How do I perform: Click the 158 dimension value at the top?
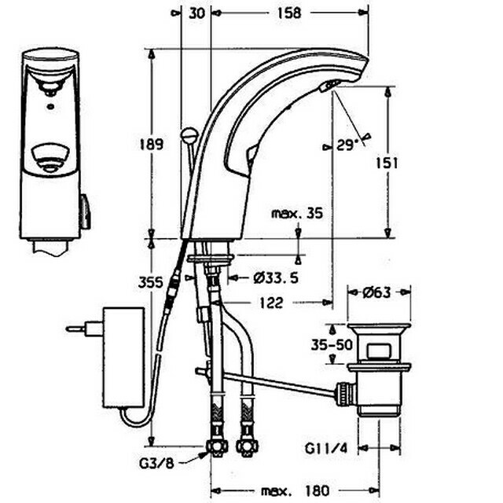pos(289,13)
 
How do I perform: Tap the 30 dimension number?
pos(196,13)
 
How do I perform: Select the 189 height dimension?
pos(151,145)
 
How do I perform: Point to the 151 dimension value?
pos(387,163)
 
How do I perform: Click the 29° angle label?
pos(347,145)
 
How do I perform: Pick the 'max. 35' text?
pos(297,213)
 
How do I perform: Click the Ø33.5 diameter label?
pos(276,277)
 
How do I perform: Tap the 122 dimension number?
pos(271,303)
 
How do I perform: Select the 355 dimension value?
pos(150,283)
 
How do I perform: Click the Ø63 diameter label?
pos(376,292)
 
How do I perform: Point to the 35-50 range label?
pos(332,345)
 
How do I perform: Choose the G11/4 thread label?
pos(326,449)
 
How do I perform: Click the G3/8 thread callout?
pos(156,463)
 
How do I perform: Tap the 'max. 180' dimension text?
pos(296,490)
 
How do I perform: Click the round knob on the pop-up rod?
pos(189,134)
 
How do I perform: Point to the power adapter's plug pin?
pos(75,329)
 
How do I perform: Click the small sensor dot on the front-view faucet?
pos(50,106)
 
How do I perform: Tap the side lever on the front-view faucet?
pos(86,211)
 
